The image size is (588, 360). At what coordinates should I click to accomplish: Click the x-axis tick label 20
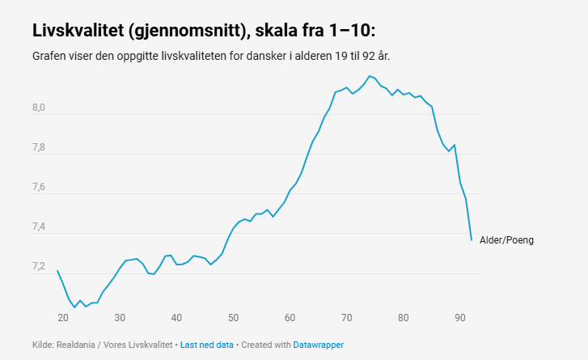click(63, 316)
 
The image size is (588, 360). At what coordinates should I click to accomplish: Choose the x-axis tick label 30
click(120, 316)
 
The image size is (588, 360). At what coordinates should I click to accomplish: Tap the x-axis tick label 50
click(233, 316)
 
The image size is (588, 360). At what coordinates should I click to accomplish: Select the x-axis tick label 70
click(346, 316)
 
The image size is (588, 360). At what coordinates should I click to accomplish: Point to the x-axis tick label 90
click(459, 316)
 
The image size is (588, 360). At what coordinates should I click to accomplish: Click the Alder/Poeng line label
click(506, 240)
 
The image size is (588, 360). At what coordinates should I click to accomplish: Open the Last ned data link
click(206, 345)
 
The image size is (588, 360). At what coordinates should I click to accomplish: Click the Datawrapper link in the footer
click(318, 345)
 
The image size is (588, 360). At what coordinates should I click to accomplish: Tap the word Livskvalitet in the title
click(76, 32)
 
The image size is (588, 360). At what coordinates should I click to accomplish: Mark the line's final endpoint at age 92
click(472, 239)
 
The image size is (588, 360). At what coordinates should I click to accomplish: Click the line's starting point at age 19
click(57, 271)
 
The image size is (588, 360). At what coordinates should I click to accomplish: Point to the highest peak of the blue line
click(369, 76)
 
